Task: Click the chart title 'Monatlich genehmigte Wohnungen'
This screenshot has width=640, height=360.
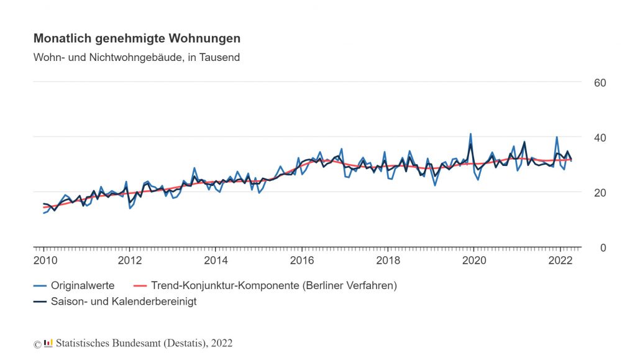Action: point(137,39)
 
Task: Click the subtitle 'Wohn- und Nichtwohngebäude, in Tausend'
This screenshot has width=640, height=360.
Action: point(136,58)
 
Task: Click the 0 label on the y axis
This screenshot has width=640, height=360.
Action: point(602,248)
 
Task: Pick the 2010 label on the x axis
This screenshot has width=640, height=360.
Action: point(43,260)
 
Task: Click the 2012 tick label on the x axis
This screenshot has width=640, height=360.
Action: point(129,260)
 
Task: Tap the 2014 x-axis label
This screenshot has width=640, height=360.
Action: point(216,260)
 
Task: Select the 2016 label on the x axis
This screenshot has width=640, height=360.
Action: point(302,260)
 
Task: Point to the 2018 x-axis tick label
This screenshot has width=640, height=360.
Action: point(388,260)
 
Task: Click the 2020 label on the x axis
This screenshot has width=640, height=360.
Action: point(474,260)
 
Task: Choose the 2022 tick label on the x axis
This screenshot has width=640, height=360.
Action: point(560,260)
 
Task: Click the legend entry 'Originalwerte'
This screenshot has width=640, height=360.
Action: point(82,285)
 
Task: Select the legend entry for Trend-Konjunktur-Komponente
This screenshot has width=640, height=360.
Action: point(273,285)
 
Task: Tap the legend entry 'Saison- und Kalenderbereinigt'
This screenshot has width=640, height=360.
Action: point(124,302)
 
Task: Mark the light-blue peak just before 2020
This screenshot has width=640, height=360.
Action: point(470,134)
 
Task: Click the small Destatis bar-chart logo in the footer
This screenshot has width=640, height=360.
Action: point(48,343)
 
